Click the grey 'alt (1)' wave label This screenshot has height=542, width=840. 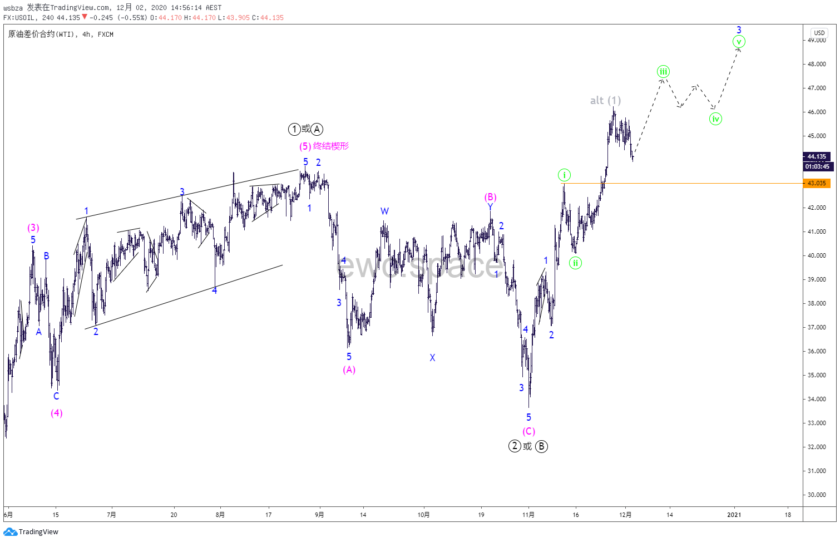pyautogui.click(x=605, y=100)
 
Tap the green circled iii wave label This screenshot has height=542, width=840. pyautogui.click(x=663, y=71)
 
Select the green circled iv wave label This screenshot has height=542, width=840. pyautogui.click(x=715, y=119)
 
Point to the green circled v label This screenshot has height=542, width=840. pyautogui.click(x=739, y=42)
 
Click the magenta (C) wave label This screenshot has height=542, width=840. pyautogui.click(x=528, y=431)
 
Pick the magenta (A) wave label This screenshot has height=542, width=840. pyautogui.click(x=349, y=369)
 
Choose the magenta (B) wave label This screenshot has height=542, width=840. pyautogui.click(x=490, y=197)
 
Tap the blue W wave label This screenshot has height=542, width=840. pyautogui.click(x=384, y=211)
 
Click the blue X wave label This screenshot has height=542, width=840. pyautogui.click(x=432, y=358)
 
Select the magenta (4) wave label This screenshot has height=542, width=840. pyautogui.click(x=56, y=413)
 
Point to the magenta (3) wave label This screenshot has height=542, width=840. pyautogui.click(x=33, y=228)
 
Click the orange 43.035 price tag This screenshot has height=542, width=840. pyautogui.click(x=817, y=183)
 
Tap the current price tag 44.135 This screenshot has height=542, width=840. pyautogui.click(x=817, y=156)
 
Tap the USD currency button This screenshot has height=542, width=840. pyautogui.click(x=819, y=32)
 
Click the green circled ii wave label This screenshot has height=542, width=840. pyautogui.click(x=575, y=263)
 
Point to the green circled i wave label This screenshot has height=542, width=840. pyautogui.click(x=564, y=175)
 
